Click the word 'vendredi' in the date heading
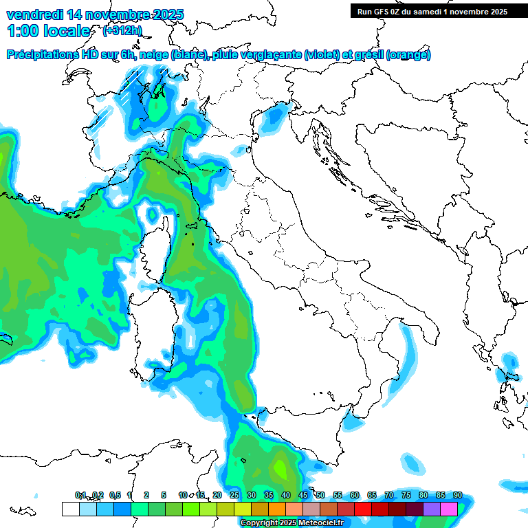[34, 14]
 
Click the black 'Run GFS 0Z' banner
[432, 11]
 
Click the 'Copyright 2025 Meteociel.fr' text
[291, 523]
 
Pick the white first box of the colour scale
[70, 509]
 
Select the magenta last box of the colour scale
[449, 509]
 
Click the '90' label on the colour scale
[457, 496]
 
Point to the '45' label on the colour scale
[303, 496]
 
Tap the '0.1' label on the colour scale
[80, 496]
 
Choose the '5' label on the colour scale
[164, 496]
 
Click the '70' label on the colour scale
[389, 496]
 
